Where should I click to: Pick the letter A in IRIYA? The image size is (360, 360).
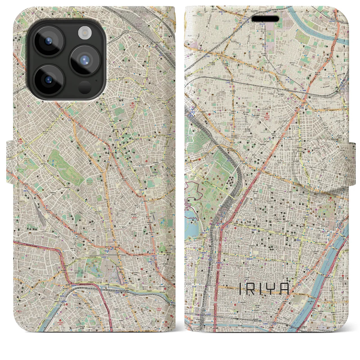coord(284,289)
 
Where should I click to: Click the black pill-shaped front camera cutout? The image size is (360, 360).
coord(265,19)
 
